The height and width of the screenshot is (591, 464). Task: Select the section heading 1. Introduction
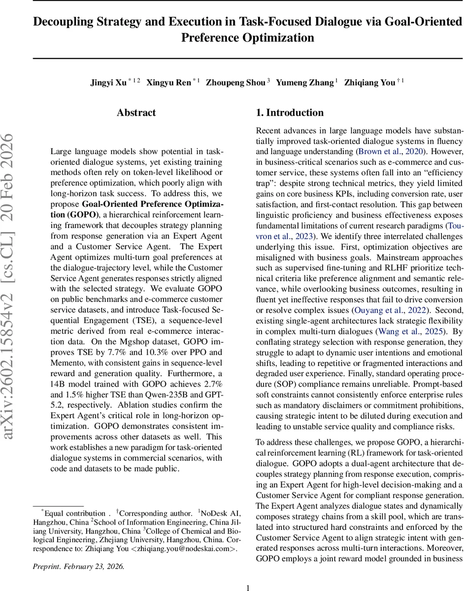(290, 113)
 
